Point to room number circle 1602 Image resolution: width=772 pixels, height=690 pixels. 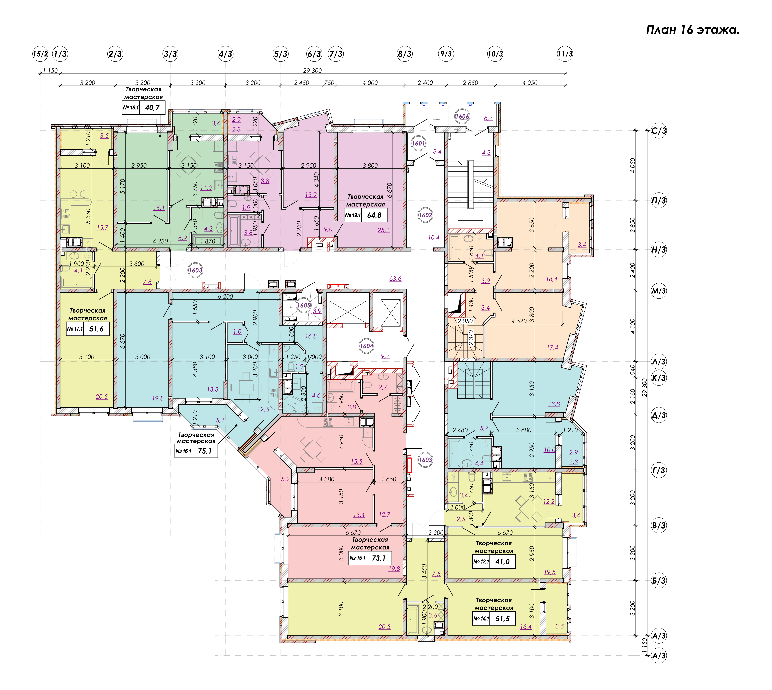425,215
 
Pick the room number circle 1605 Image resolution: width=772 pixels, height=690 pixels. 303,305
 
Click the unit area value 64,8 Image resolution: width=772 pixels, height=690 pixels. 374,215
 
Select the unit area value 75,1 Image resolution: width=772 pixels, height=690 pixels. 205,451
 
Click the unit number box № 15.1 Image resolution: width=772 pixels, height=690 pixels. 357,558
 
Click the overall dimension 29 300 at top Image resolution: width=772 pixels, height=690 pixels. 312,71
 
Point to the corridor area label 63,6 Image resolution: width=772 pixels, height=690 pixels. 395,279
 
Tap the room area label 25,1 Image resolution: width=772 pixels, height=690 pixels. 383,230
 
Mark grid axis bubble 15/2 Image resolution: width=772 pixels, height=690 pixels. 40,54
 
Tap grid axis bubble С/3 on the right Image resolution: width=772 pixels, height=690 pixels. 659,131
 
